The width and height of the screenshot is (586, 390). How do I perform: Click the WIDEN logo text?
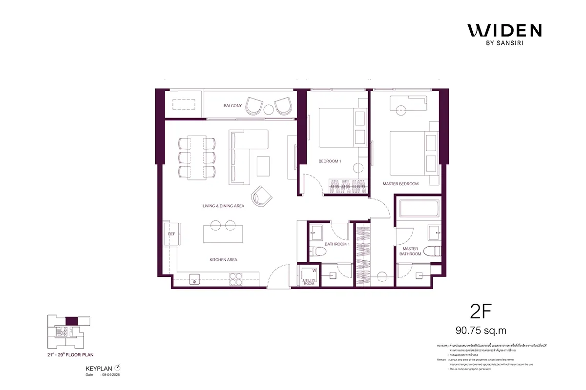pos(504,30)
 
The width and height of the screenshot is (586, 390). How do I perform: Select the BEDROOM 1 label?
pos(330,161)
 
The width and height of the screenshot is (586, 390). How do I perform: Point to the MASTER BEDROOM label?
pos(400,184)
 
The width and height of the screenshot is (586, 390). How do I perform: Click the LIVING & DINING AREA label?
pos(223,206)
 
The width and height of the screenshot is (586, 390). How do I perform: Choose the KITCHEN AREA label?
pos(223,260)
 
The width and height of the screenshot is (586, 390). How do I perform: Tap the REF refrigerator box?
pos(171,234)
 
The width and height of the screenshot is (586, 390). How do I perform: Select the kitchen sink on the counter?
pos(193,280)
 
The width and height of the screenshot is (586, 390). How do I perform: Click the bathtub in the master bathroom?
pos(419,209)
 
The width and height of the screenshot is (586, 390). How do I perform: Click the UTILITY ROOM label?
pos(309,281)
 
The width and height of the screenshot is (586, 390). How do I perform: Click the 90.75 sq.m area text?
pos(481,331)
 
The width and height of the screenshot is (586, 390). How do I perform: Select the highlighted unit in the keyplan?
pos(71,321)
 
